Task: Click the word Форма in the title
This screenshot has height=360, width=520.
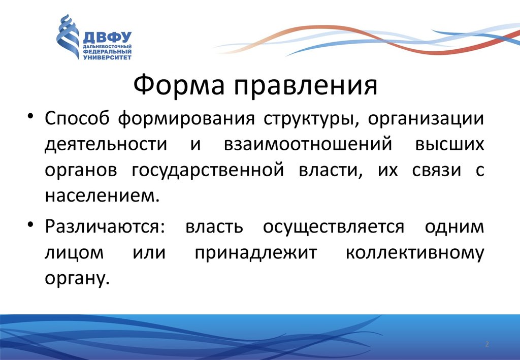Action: click(179, 85)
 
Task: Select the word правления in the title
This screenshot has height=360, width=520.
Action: click(306, 85)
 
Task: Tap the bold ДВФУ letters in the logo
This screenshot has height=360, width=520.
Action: click(107, 38)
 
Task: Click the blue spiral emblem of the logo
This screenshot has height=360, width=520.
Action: click(68, 37)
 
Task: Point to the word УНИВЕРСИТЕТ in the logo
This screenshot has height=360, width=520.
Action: click(107, 57)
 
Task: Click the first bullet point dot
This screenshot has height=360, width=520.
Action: click(30, 116)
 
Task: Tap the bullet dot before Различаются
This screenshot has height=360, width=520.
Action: click(30, 224)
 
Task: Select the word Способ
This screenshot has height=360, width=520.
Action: click(77, 118)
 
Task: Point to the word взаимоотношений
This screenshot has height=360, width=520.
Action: click(308, 145)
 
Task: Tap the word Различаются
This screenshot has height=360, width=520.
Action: click(105, 227)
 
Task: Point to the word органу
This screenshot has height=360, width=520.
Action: click(77, 279)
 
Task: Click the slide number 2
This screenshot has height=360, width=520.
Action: click(487, 344)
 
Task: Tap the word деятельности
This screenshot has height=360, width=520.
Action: click(106, 145)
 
